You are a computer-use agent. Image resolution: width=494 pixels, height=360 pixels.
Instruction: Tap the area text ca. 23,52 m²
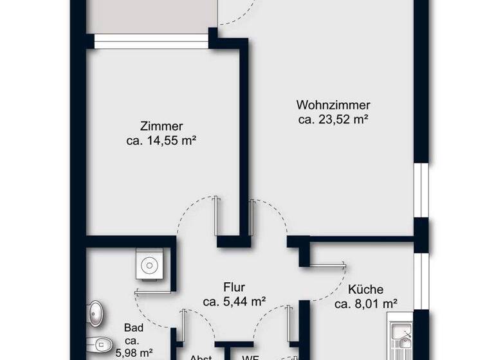pos(333,120)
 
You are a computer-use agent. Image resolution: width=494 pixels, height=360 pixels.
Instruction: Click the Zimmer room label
pos(161,126)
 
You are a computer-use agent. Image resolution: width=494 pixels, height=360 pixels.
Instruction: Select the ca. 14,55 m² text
pos(161,140)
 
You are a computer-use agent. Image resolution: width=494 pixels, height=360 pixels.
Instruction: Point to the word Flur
pos(234,288)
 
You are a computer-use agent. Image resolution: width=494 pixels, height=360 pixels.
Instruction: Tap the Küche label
pos(366,289)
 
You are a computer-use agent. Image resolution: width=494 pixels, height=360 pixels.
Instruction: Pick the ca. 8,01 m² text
pos(366,303)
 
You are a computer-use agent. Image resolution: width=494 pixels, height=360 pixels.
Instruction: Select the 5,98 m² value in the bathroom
pos(134,352)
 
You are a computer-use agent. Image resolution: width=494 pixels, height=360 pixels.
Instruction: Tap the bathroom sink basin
pos(97,313)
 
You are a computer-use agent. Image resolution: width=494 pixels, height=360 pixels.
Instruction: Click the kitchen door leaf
pos(326,263)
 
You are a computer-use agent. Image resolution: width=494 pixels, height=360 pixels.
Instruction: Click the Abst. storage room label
pos(200,355)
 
